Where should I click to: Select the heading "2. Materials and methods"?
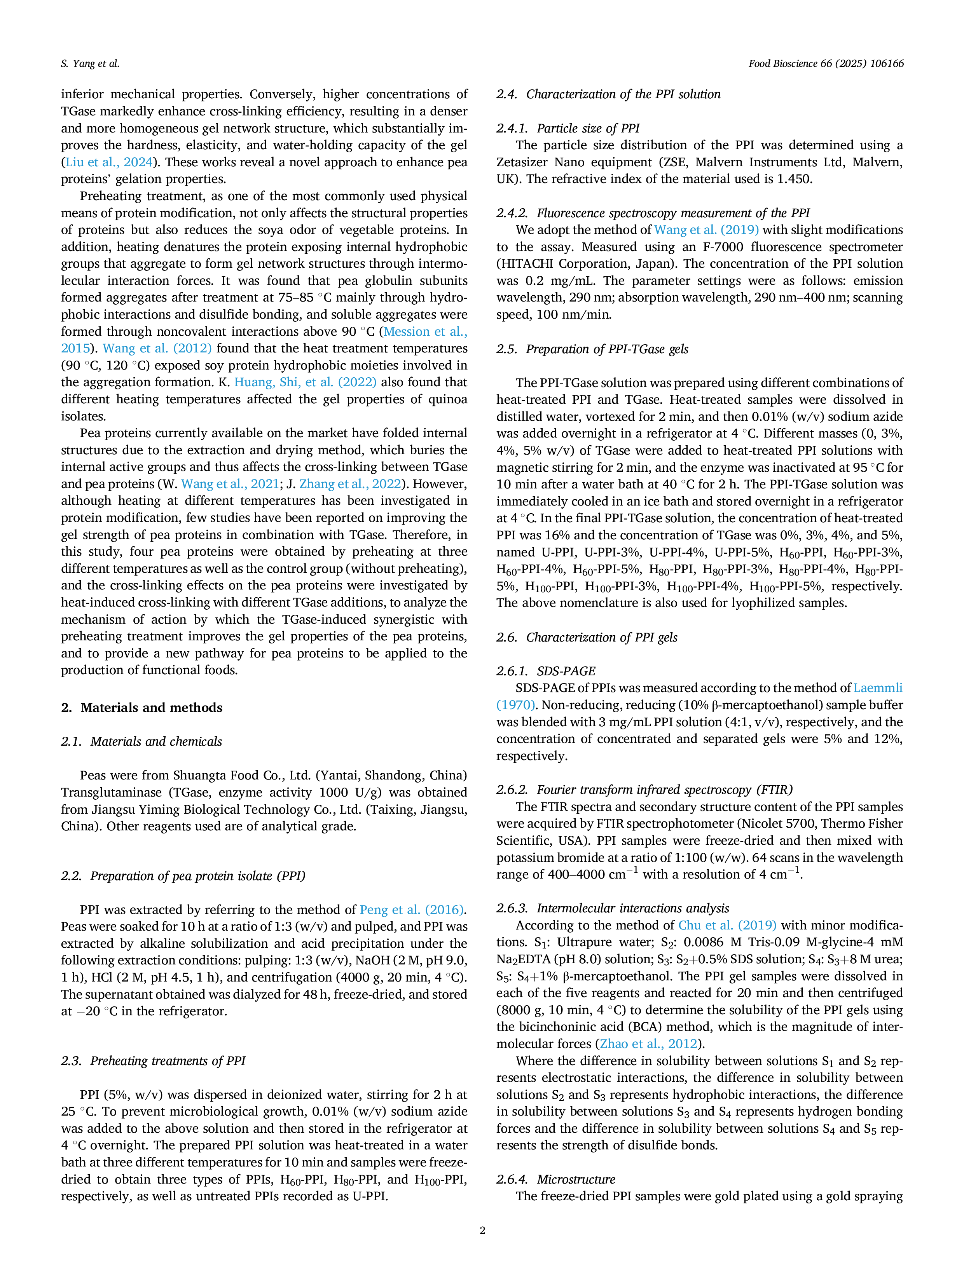(142, 708)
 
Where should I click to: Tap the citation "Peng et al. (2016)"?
(412, 909)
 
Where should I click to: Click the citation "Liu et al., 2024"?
(109, 162)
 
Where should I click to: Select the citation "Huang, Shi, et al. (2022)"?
(306, 382)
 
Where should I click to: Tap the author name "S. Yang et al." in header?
(90, 63)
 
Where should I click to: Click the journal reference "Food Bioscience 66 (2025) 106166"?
(826, 63)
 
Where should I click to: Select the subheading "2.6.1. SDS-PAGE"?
(546, 671)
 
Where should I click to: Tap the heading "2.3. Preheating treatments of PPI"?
(154, 1061)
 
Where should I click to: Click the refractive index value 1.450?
(793, 179)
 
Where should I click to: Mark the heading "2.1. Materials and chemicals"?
(142, 741)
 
